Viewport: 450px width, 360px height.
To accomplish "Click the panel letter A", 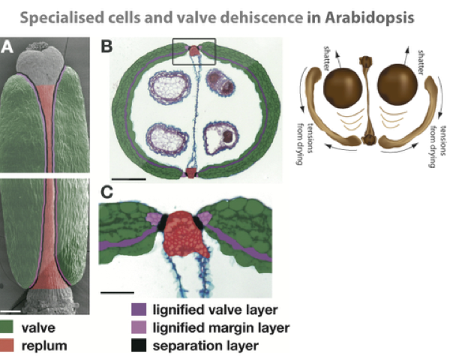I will click(8, 47).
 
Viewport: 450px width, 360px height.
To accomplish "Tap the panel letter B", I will click(107, 47).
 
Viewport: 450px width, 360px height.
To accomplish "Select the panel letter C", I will click(107, 193).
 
